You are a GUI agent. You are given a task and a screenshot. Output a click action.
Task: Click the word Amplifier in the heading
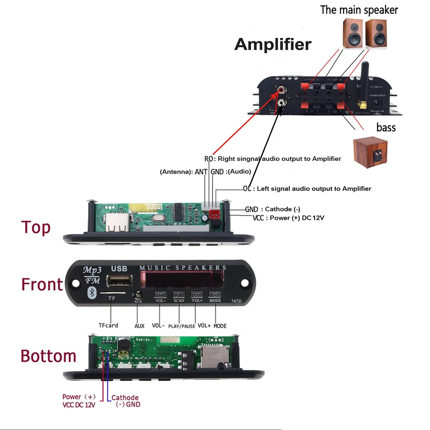point(273,44)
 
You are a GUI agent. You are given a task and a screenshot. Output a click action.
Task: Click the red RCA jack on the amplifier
point(282,90)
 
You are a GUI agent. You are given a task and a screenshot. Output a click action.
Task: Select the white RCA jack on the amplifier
point(282,103)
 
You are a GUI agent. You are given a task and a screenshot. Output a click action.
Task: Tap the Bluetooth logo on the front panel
point(91,293)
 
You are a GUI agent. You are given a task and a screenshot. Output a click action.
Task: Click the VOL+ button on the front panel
point(197,295)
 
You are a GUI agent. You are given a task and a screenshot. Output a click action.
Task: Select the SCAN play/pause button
point(178,295)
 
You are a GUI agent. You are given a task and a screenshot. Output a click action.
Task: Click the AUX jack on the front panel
point(138,295)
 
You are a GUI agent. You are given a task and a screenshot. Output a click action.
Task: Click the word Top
point(36,227)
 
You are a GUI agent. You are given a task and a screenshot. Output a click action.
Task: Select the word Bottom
point(48,356)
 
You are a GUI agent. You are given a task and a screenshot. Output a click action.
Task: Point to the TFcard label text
point(108,326)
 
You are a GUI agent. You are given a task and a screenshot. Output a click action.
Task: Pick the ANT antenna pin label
point(201,172)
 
